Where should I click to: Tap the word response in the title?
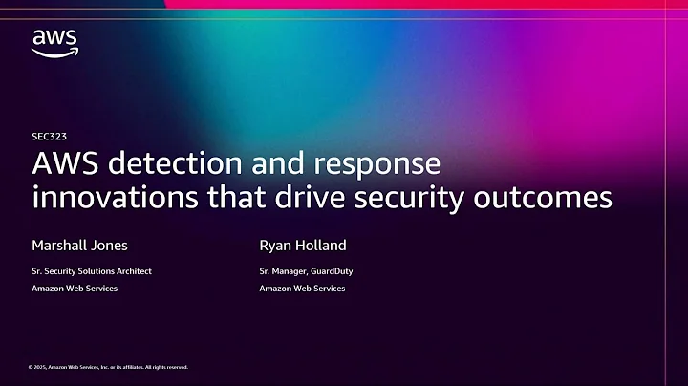(x=375, y=165)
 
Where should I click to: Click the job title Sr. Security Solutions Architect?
(x=92, y=271)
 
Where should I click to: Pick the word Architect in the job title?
(x=133, y=271)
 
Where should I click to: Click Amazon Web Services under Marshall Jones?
(x=75, y=288)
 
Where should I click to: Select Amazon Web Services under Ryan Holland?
(x=302, y=288)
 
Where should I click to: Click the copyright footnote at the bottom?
(x=108, y=367)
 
